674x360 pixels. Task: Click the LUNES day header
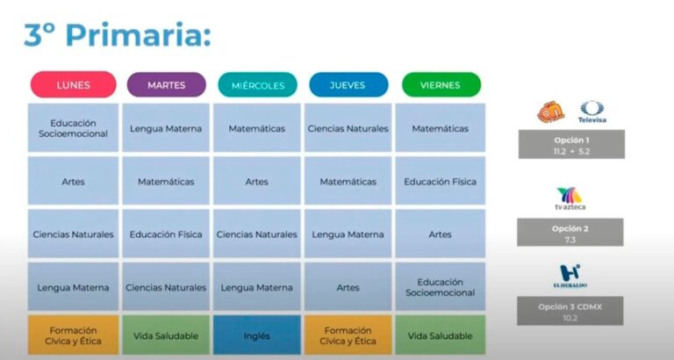73,84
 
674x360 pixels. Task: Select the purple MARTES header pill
166,84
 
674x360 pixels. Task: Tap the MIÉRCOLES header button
257,84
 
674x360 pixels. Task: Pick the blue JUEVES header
348,84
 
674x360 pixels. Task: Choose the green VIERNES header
441,84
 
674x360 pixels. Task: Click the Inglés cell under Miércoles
257,335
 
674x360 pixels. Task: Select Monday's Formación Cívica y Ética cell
73,335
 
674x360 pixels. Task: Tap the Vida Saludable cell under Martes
166,335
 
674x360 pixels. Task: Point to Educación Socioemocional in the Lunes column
73,128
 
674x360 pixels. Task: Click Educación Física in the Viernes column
440,182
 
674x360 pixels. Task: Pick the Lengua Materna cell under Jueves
348,234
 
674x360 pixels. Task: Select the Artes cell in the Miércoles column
257,182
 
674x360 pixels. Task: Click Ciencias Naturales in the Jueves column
348,128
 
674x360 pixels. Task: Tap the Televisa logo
592,112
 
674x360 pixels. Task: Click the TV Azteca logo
570,199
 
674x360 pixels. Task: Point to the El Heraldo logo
570,276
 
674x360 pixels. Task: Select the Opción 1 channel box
570,145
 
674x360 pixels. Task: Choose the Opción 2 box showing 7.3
570,232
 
